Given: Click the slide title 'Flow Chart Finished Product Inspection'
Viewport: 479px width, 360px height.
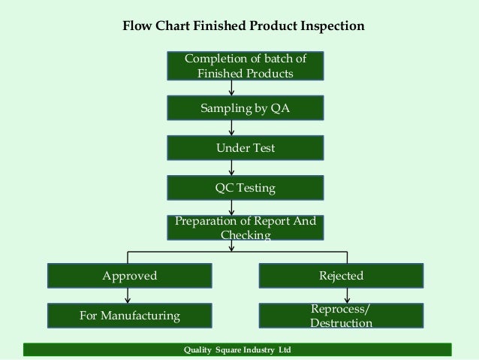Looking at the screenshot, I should coord(243,26).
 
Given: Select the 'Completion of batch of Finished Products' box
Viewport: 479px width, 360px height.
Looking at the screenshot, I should coord(245,66).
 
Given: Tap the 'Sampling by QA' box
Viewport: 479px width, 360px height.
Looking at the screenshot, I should coord(245,109).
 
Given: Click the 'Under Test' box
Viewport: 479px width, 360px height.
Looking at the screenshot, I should coord(245,149).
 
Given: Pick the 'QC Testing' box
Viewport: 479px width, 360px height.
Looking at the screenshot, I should coord(245,188).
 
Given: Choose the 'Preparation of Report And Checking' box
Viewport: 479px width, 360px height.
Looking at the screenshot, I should coord(245,228).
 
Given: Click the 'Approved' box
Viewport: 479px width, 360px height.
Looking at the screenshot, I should coord(130,276).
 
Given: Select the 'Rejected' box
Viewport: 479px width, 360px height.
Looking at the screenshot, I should coord(342,276).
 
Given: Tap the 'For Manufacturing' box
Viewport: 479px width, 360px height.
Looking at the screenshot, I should coord(130,316).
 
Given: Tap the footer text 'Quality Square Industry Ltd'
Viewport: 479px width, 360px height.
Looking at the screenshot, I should coord(237,351).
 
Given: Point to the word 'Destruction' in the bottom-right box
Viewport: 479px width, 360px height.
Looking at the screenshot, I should coord(341,323).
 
